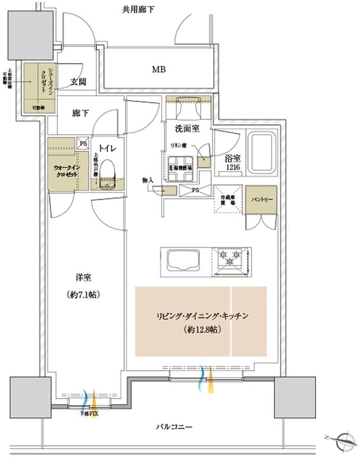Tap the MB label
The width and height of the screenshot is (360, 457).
pyautogui.click(x=158, y=70)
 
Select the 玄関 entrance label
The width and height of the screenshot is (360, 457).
pyautogui.click(x=80, y=83)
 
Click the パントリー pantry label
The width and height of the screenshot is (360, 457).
pyautogui.click(x=260, y=200)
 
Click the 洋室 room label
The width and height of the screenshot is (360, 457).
pyautogui.click(x=84, y=276)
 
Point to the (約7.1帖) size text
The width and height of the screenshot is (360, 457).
pyautogui.click(x=84, y=294)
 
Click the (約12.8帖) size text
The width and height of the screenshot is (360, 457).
pyautogui.click(x=202, y=331)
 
